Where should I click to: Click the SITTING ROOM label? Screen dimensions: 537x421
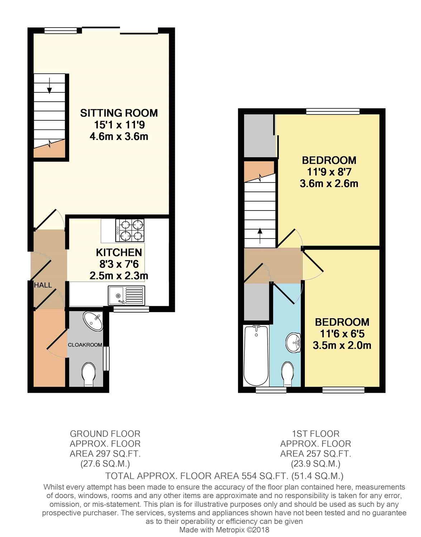pos(119,113)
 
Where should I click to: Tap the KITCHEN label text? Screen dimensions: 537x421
pos(119,252)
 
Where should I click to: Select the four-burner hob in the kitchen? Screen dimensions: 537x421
pos(130,231)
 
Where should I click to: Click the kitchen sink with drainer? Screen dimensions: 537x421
pos(126,295)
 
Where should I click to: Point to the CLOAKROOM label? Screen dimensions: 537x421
pos(85,345)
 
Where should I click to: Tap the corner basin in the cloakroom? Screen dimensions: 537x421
pos(94,320)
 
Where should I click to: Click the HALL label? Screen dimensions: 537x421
pos(43,285)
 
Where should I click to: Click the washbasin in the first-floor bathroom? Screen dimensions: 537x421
pos(293,343)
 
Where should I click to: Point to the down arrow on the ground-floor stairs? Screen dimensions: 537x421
pos(49,86)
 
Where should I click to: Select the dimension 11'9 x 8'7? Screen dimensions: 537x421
pos(329,172)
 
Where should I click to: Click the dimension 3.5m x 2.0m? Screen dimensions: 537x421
pos(342,345)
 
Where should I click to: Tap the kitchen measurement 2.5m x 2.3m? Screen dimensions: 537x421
pos(119,276)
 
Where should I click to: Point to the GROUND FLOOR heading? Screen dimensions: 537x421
pos(105,434)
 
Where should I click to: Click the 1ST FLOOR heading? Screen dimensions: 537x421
pos(315,434)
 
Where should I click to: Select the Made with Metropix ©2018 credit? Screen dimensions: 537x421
pos(224,530)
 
